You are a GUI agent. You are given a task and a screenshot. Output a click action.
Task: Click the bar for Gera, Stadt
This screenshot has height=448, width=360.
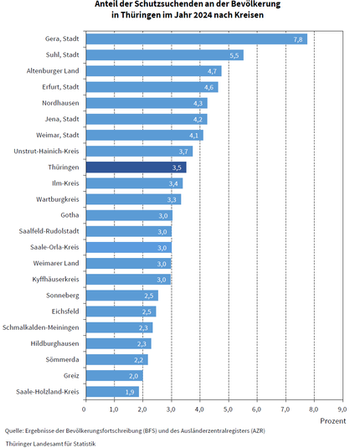click(x=197, y=39)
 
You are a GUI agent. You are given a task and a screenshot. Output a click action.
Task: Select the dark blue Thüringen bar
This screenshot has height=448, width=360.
click(x=136, y=167)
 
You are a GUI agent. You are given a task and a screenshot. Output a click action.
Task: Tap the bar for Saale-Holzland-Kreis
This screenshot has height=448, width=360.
click(x=112, y=392)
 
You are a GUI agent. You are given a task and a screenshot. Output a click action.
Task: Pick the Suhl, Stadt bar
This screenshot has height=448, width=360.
click(x=165, y=55)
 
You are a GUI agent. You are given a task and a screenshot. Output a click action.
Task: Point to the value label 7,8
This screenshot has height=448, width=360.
click(x=298, y=39)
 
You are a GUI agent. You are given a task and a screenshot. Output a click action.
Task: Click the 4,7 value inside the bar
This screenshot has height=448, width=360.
click(x=212, y=71)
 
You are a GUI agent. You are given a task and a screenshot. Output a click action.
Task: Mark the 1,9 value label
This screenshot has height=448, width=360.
click(x=130, y=392)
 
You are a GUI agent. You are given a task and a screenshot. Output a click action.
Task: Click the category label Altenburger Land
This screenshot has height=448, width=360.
click(x=53, y=71)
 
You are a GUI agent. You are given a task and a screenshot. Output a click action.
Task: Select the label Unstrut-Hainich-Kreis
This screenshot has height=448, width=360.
click(x=46, y=151)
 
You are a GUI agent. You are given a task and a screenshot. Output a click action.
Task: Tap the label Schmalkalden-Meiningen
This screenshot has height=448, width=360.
click(x=41, y=327)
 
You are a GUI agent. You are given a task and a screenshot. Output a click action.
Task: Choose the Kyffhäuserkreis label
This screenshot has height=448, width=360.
click(x=56, y=279)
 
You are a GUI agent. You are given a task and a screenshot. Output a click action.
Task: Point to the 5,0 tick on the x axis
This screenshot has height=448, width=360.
click(x=229, y=409)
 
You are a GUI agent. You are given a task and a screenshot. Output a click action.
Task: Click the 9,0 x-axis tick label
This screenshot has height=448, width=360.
click(x=342, y=409)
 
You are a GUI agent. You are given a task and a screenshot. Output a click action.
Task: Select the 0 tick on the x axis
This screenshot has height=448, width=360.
click(x=84, y=409)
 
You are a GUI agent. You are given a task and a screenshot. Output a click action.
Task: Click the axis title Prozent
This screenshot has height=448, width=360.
click(x=333, y=421)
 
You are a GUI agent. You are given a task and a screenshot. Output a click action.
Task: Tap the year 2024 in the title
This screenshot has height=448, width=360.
click(x=203, y=14)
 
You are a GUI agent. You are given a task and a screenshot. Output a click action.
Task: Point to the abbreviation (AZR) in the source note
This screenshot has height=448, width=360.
click(x=258, y=430)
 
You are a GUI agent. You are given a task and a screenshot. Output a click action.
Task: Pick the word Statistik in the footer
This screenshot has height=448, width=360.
click(x=85, y=444)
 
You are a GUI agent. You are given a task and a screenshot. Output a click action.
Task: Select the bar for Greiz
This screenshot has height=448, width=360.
click(x=115, y=376)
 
